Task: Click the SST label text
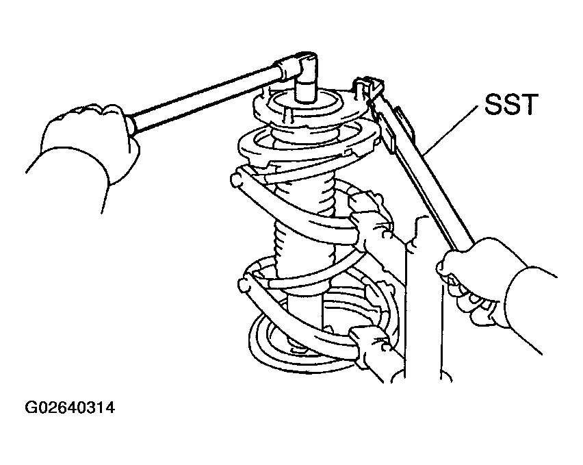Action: point(511,105)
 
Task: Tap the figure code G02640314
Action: point(70,407)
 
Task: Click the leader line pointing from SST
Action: point(451,130)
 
